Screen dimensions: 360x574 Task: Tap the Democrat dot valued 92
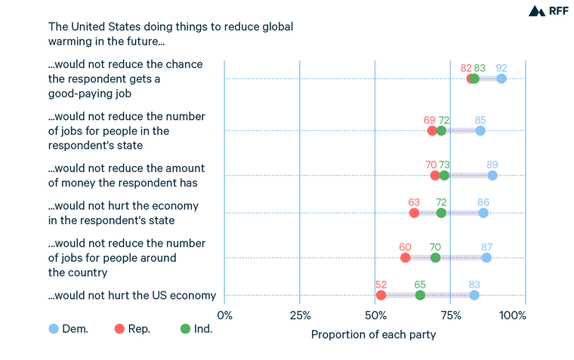[501, 78]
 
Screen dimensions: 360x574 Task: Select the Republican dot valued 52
[381, 295]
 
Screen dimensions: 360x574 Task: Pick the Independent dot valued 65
[420, 295]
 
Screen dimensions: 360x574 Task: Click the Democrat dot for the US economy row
[474, 295]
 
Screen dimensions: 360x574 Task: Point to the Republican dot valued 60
[405, 257]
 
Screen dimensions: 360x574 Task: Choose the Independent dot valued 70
[435, 257]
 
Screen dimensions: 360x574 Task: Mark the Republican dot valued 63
[414, 213]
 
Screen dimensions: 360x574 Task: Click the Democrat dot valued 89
[492, 175]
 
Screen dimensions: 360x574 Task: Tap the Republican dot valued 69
[432, 131]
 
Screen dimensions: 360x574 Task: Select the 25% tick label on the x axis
[300, 315]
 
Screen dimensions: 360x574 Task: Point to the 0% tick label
[224, 315]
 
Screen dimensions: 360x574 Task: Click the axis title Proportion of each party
[373, 334]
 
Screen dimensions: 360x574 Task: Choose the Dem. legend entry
[69, 329]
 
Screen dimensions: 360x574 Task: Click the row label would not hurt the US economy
[132, 295]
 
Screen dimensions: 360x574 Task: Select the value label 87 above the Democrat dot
[486, 247]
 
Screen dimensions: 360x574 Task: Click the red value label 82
[466, 68]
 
